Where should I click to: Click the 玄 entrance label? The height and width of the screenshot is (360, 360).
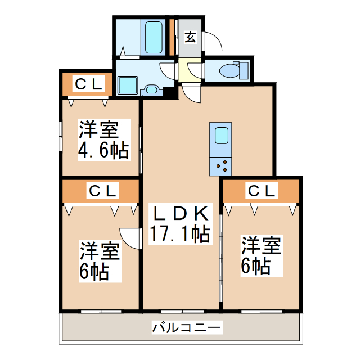[191, 38]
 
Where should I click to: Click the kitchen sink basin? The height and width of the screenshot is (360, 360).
[220, 137]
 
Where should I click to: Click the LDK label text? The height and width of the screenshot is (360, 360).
[179, 213]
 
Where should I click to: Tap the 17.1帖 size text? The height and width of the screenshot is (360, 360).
[179, 232]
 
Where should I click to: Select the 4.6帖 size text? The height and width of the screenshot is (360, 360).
[103, 150]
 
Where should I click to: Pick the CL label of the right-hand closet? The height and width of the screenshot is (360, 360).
[262, 191]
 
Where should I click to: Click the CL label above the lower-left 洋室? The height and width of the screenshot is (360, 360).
[101, 191]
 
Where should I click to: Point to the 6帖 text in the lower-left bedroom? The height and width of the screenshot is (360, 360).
[93, 272]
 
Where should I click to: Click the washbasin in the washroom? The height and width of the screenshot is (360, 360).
[152, 88]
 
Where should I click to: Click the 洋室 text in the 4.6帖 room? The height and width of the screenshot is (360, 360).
[98, 130]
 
